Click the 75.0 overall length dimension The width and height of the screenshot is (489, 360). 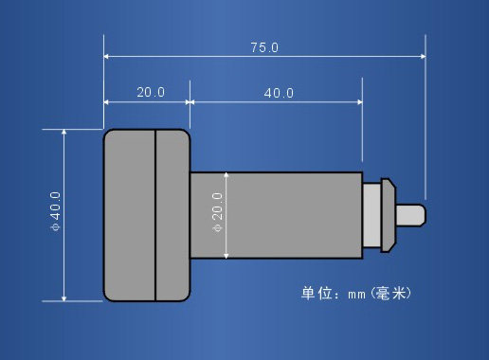coord(264,47)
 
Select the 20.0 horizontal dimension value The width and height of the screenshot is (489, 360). coord(151,92)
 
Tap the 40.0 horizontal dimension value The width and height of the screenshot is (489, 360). coord(279,93)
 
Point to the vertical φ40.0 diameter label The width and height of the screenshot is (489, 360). coord(54,214)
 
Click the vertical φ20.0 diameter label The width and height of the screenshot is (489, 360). coord(217,216)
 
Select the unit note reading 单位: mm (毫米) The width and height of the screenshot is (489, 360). coord(355,293)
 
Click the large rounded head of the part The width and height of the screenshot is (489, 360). coord(147,215)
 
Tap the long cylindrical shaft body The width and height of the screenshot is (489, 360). coord(276,215)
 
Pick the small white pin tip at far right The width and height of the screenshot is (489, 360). coord(413,215)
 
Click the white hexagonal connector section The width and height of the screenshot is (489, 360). coord(380,215)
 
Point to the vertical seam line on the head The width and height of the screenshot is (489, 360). coord(155,215)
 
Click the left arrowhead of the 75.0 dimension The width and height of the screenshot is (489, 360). coord(107,57)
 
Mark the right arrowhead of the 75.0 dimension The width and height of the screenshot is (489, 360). coord(422,57)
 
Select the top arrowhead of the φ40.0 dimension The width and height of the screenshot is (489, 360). coord(64,134)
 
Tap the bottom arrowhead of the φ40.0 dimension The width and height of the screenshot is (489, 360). coord(64,297)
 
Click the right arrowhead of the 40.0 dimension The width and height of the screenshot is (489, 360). coord(359,102)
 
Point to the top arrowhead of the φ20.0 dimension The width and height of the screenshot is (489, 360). coord(226,175)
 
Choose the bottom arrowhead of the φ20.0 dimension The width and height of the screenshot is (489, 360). coord(226,255)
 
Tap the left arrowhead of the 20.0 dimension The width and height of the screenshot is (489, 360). coord(107,102)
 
